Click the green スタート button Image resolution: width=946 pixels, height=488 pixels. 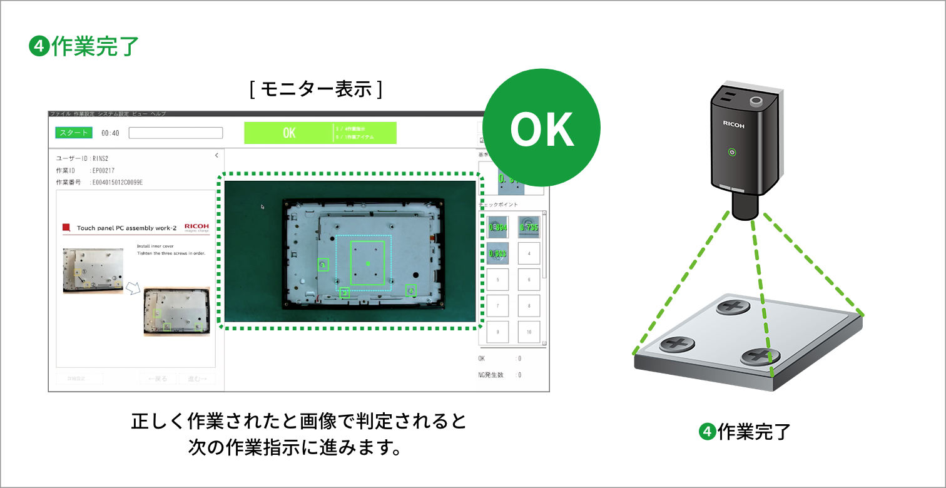74,133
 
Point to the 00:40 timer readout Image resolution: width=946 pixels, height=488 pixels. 110,133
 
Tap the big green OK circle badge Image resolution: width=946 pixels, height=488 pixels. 542,130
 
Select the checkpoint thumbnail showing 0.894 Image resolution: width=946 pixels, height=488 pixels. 497,227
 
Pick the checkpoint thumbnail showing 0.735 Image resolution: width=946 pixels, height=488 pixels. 529,227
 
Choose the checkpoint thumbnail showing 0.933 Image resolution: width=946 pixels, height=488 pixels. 497,253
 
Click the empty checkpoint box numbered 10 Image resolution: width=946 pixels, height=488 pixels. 529,332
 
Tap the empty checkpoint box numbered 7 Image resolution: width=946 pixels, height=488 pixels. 497,306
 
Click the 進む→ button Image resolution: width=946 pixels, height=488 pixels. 197,379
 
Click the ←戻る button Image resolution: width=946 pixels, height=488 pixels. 158,379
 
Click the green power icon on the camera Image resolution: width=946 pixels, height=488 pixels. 732,152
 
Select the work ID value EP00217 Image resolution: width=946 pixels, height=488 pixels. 103,170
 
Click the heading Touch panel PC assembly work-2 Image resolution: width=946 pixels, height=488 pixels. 126,228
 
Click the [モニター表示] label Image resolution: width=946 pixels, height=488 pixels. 315,90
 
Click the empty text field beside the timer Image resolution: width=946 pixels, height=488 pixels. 175,133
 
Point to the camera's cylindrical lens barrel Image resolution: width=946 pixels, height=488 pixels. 746,205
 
